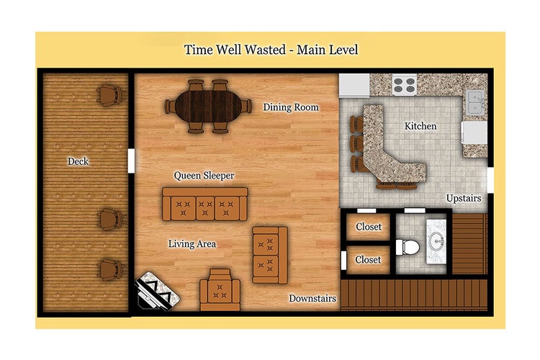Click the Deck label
point(78,161)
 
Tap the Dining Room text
point(291,107)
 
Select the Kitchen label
point(420,126)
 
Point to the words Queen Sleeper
point(204,176)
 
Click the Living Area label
point(192,244)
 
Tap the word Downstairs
point(312,298)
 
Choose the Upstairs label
point(464,199)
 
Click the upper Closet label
point(369,227)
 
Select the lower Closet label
point(368,259)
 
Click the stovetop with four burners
point(405,85)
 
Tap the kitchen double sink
point(475,102)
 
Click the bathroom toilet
point(408,247)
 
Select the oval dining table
point(209,107)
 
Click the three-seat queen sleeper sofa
point(205,204)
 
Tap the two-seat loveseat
point(270,255)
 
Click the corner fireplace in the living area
point(158,292)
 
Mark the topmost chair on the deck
point(109,94)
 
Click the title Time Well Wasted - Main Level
point(271,50)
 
